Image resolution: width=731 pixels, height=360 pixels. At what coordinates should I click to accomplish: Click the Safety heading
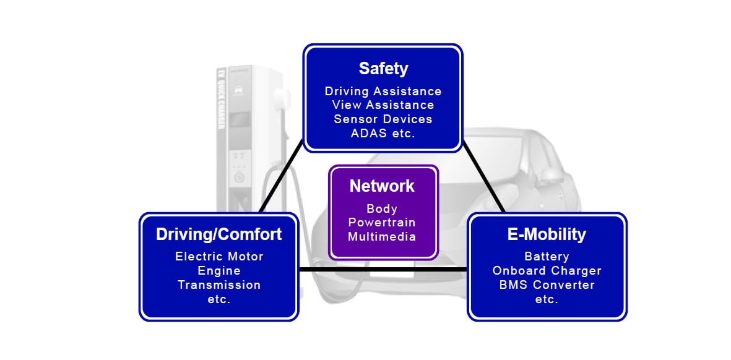(x=383, y=68)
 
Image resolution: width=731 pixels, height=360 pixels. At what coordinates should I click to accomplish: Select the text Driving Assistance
(x=383, y=92)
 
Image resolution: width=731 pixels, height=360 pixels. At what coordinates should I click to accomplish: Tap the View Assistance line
(x=383, y=105)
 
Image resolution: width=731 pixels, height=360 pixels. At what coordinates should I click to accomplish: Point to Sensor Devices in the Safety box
(x=383, y=119)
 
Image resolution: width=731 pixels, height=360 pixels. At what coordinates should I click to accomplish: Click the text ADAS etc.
(x=383, y=133)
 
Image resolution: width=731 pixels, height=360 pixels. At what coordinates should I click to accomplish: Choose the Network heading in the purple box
(x=382, y=186)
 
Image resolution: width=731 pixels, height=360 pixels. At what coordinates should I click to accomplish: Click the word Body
(x=382, y=208)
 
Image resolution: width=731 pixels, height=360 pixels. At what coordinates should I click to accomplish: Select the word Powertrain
(x=382, y=222)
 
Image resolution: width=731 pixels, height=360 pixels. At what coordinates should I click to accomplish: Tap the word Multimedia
(x=382, y=236)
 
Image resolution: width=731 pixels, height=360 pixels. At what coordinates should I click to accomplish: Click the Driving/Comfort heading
(x=218, y=234)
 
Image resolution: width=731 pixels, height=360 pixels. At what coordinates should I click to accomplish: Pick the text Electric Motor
(x=219, y=256)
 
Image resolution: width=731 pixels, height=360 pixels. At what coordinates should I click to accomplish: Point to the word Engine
(x=219, y=270)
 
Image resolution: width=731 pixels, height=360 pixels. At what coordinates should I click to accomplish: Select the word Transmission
(x=219, y=285)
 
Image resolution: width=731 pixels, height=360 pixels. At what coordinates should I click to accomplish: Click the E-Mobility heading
(x=547, y=234)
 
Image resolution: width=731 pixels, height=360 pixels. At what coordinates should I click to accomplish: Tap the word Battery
(x=547, y=256)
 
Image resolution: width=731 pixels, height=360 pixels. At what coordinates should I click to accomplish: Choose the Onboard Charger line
(x=547, y=270)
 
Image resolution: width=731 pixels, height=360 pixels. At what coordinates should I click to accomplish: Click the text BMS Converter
(x=547, y=285)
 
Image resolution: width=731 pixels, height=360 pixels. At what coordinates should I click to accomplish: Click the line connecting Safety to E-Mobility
(x=484, y=179)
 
